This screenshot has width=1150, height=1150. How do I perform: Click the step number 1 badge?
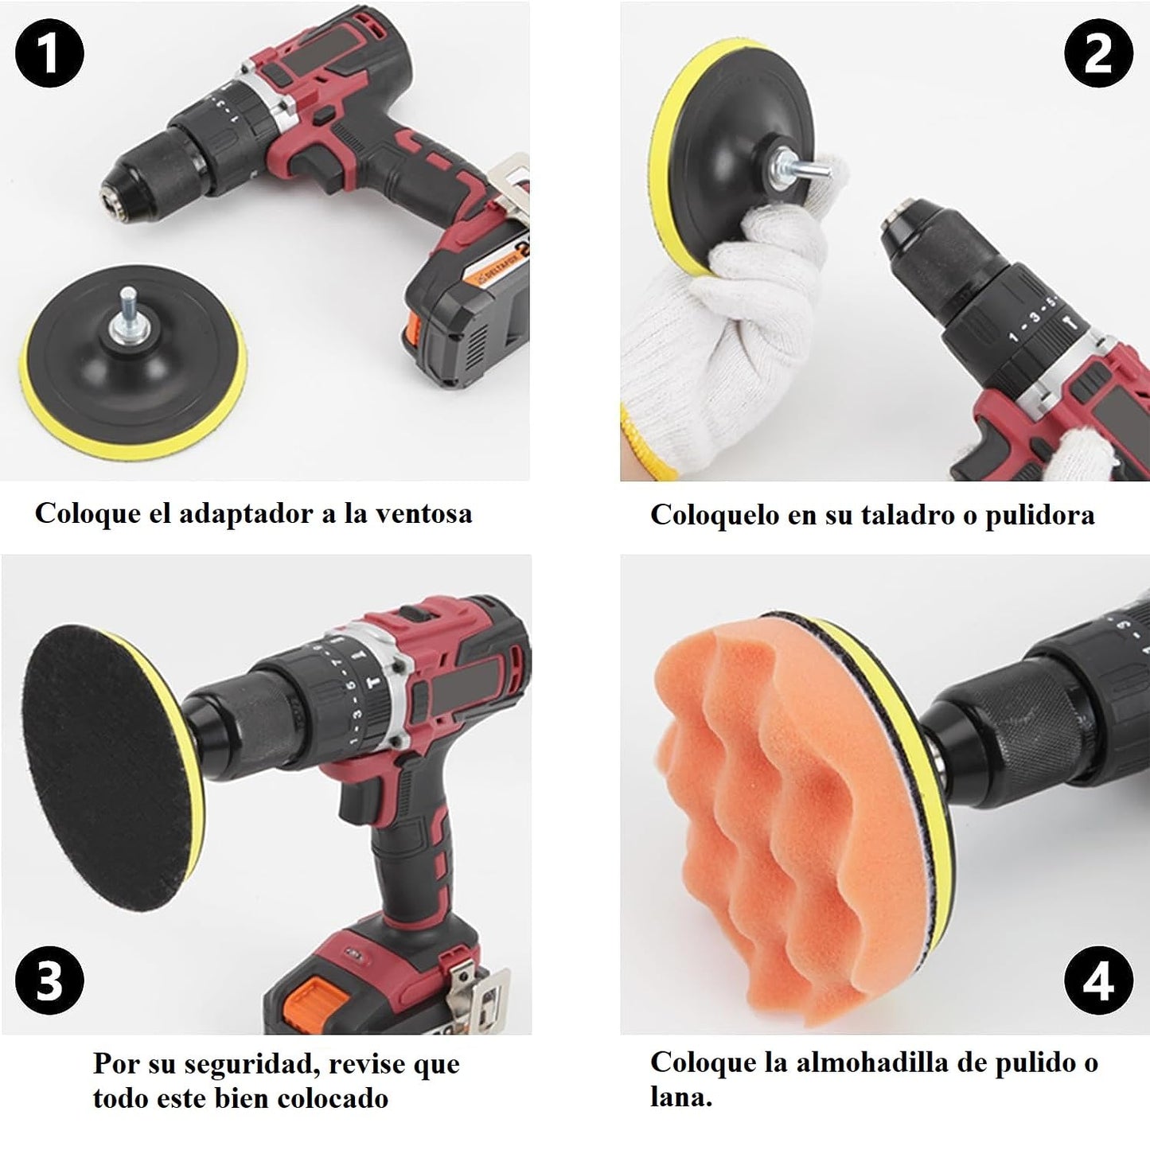(x=49, y=54)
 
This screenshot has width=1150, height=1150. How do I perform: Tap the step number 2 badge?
(x=1098, y=54)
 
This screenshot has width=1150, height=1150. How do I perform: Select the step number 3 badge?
(x=49, y=980)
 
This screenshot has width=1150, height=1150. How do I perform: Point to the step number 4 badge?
(x=1098, y=980)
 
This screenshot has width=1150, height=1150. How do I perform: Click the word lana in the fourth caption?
(x=678, y=1098)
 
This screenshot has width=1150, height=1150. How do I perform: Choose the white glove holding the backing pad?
(x=716, y=318)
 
